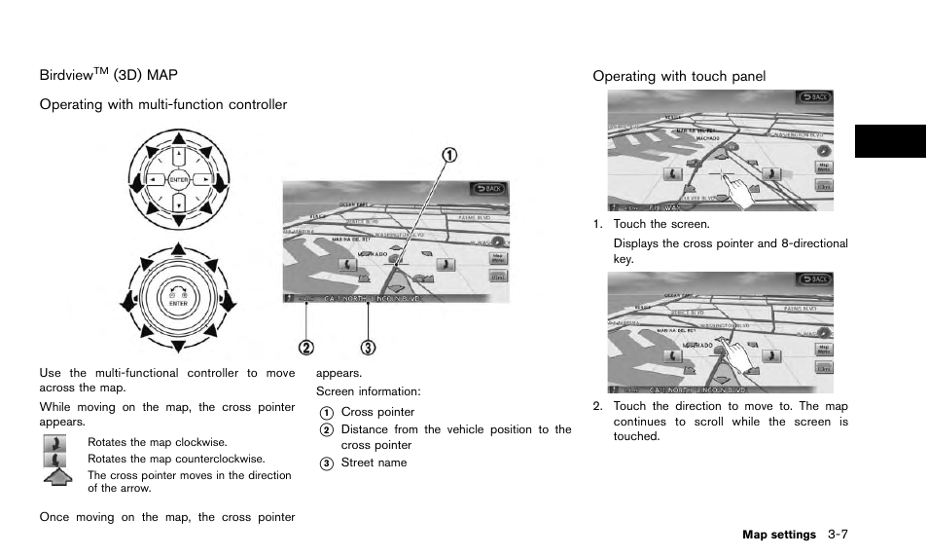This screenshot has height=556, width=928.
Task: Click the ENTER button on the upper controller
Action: tap(178, 180)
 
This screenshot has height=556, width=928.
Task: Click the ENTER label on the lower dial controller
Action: tap(178, 303)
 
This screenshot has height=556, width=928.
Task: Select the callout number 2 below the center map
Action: tap(307, 347)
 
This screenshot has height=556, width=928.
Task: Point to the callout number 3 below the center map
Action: tap(368, 347)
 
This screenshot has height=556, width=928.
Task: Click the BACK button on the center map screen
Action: tap(489, 188)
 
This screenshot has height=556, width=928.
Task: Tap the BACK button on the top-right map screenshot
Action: tap(814, 97)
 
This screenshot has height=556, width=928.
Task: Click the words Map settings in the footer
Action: tap(778, 535)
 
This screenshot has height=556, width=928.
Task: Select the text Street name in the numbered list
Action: tap(374, 463)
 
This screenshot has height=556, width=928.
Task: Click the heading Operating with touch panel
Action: tap(679, 76)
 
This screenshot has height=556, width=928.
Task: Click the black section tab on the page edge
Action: tap(891, 141)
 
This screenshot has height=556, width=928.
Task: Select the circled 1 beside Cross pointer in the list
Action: tap(327, 413)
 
